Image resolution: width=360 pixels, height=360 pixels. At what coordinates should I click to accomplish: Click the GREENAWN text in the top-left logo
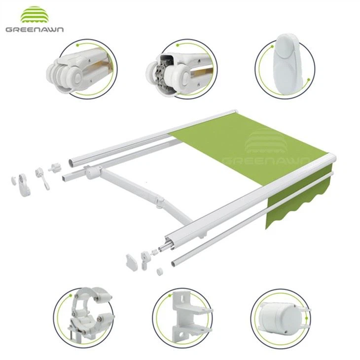pyautogui.click(x=35, y=29)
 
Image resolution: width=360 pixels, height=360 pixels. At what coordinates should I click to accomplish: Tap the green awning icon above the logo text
pyautogui.click(x=35, y=15)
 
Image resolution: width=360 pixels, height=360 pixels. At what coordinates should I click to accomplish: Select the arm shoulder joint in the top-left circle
pyautogui.click(x=74, y=70)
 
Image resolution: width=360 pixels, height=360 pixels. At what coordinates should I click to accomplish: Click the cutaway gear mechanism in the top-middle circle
pyautogui.click(x=163, y=74)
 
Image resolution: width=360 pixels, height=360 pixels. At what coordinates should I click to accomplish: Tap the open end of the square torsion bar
pyautogui.click(x=65, y=179)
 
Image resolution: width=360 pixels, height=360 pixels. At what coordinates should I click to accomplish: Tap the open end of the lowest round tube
pyautogui.click(x=174, y=263)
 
